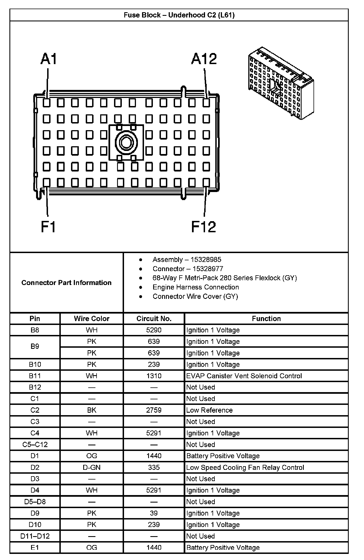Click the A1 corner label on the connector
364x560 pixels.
coord(49,59)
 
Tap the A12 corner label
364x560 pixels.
coord(204,59)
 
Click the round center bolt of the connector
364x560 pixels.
coord(127,143)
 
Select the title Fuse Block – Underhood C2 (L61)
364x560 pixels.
coord(179,15)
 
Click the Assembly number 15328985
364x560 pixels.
coord(206,259)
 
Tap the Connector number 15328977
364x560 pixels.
coord(208,269)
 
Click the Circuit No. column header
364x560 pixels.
coord(154,319)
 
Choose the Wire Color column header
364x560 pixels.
coord(92,319)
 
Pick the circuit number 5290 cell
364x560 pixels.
coord(154,330)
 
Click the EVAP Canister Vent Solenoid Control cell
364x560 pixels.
coord(244,376)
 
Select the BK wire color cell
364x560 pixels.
coord(92,410)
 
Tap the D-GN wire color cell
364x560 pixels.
coord(92,467)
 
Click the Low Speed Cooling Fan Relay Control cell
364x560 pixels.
coord(245,467)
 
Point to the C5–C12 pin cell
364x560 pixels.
coord(35,445)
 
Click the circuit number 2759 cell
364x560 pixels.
coord(154,410)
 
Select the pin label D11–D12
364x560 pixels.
coord(35,536)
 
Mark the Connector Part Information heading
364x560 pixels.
coord(66,282)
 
